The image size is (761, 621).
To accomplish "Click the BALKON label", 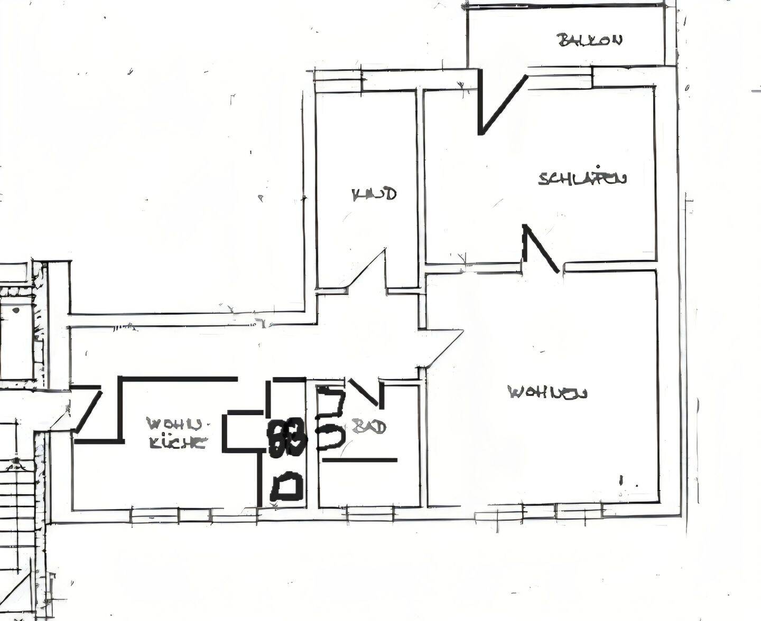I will click(590, 40).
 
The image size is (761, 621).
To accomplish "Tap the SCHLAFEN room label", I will click(582, 178).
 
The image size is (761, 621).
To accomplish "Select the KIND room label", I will click(374, 194).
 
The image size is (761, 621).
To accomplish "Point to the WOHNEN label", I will click(547, 392).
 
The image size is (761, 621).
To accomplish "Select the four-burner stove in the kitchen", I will click(286, 437).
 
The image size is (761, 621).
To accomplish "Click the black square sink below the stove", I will click(286, 487).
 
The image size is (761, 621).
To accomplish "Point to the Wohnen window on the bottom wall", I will click(578, 510).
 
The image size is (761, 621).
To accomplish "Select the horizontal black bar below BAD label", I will click(359, 460).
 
